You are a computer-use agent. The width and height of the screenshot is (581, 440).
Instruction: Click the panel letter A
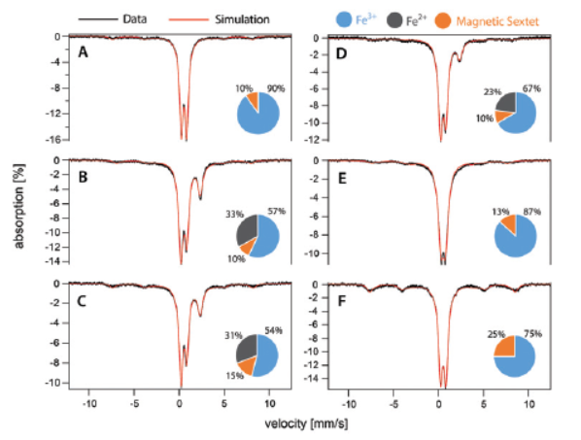[83, 52]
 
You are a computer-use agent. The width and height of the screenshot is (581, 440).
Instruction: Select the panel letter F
[342, 301]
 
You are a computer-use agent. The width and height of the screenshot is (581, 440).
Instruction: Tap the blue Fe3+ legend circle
[344, 19]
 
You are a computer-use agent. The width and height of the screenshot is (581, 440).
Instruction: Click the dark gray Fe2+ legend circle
[394, 20]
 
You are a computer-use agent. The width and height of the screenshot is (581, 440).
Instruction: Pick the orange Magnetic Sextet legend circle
[443, 20]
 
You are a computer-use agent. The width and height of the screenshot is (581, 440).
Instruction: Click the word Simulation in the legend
[242, 19]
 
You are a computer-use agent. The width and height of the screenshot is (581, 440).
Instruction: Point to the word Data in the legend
[135, 18]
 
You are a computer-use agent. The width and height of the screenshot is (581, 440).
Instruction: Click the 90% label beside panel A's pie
[276, 88]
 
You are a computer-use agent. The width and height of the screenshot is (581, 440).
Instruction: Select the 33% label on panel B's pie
[235, 214]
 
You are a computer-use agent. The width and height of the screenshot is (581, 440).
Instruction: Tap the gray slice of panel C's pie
[246, 347]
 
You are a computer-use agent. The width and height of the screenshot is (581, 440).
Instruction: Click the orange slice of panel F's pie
[505, 347]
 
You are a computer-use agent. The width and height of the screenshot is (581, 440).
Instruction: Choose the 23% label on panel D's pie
[493, 91]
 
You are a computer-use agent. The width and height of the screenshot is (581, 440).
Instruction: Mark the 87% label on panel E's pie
[532, 212]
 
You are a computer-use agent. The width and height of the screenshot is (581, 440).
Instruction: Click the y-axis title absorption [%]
[19, 206]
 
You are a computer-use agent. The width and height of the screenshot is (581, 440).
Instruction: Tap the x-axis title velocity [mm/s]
[306, 423]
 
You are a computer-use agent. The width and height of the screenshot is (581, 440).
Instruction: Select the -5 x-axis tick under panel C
[134, 403]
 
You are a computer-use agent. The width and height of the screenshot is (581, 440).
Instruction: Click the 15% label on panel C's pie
[235, 376]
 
